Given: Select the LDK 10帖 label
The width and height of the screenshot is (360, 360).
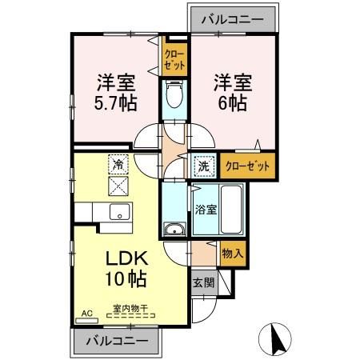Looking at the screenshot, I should pos(125,269).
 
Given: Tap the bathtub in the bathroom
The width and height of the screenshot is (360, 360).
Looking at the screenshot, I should pos(233,210).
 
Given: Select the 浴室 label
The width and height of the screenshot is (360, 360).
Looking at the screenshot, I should pos(205,210).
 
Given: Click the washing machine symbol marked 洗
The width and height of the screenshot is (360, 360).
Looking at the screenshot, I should pos(204,167).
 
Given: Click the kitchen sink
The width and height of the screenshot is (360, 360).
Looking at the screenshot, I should pos(120,214).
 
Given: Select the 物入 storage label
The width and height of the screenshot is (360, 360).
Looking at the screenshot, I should pos(231,254).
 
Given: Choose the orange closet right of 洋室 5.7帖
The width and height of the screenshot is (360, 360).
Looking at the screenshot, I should pos(172,58).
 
